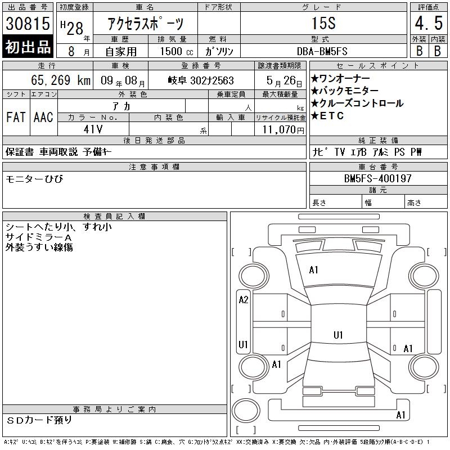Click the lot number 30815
coord(28,23)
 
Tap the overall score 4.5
coord(429,23)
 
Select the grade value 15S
coord(323,23)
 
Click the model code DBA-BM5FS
coord(322,51)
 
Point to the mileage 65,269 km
coord(61,80)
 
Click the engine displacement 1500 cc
coord(177,51)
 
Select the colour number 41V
coord(93,129)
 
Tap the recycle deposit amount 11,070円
coord(283,129)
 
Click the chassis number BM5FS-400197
coord(377,178)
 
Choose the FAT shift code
coord(16,117)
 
